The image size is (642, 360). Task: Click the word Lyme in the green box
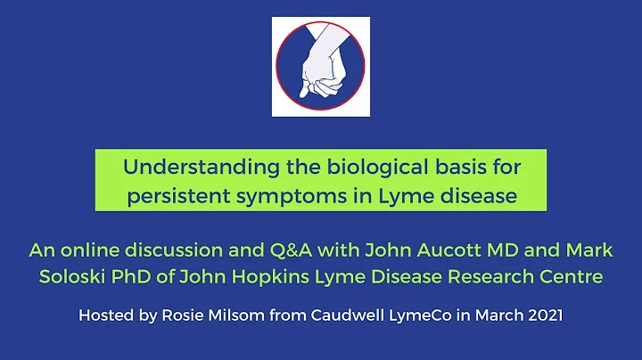(x=403, y=195)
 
